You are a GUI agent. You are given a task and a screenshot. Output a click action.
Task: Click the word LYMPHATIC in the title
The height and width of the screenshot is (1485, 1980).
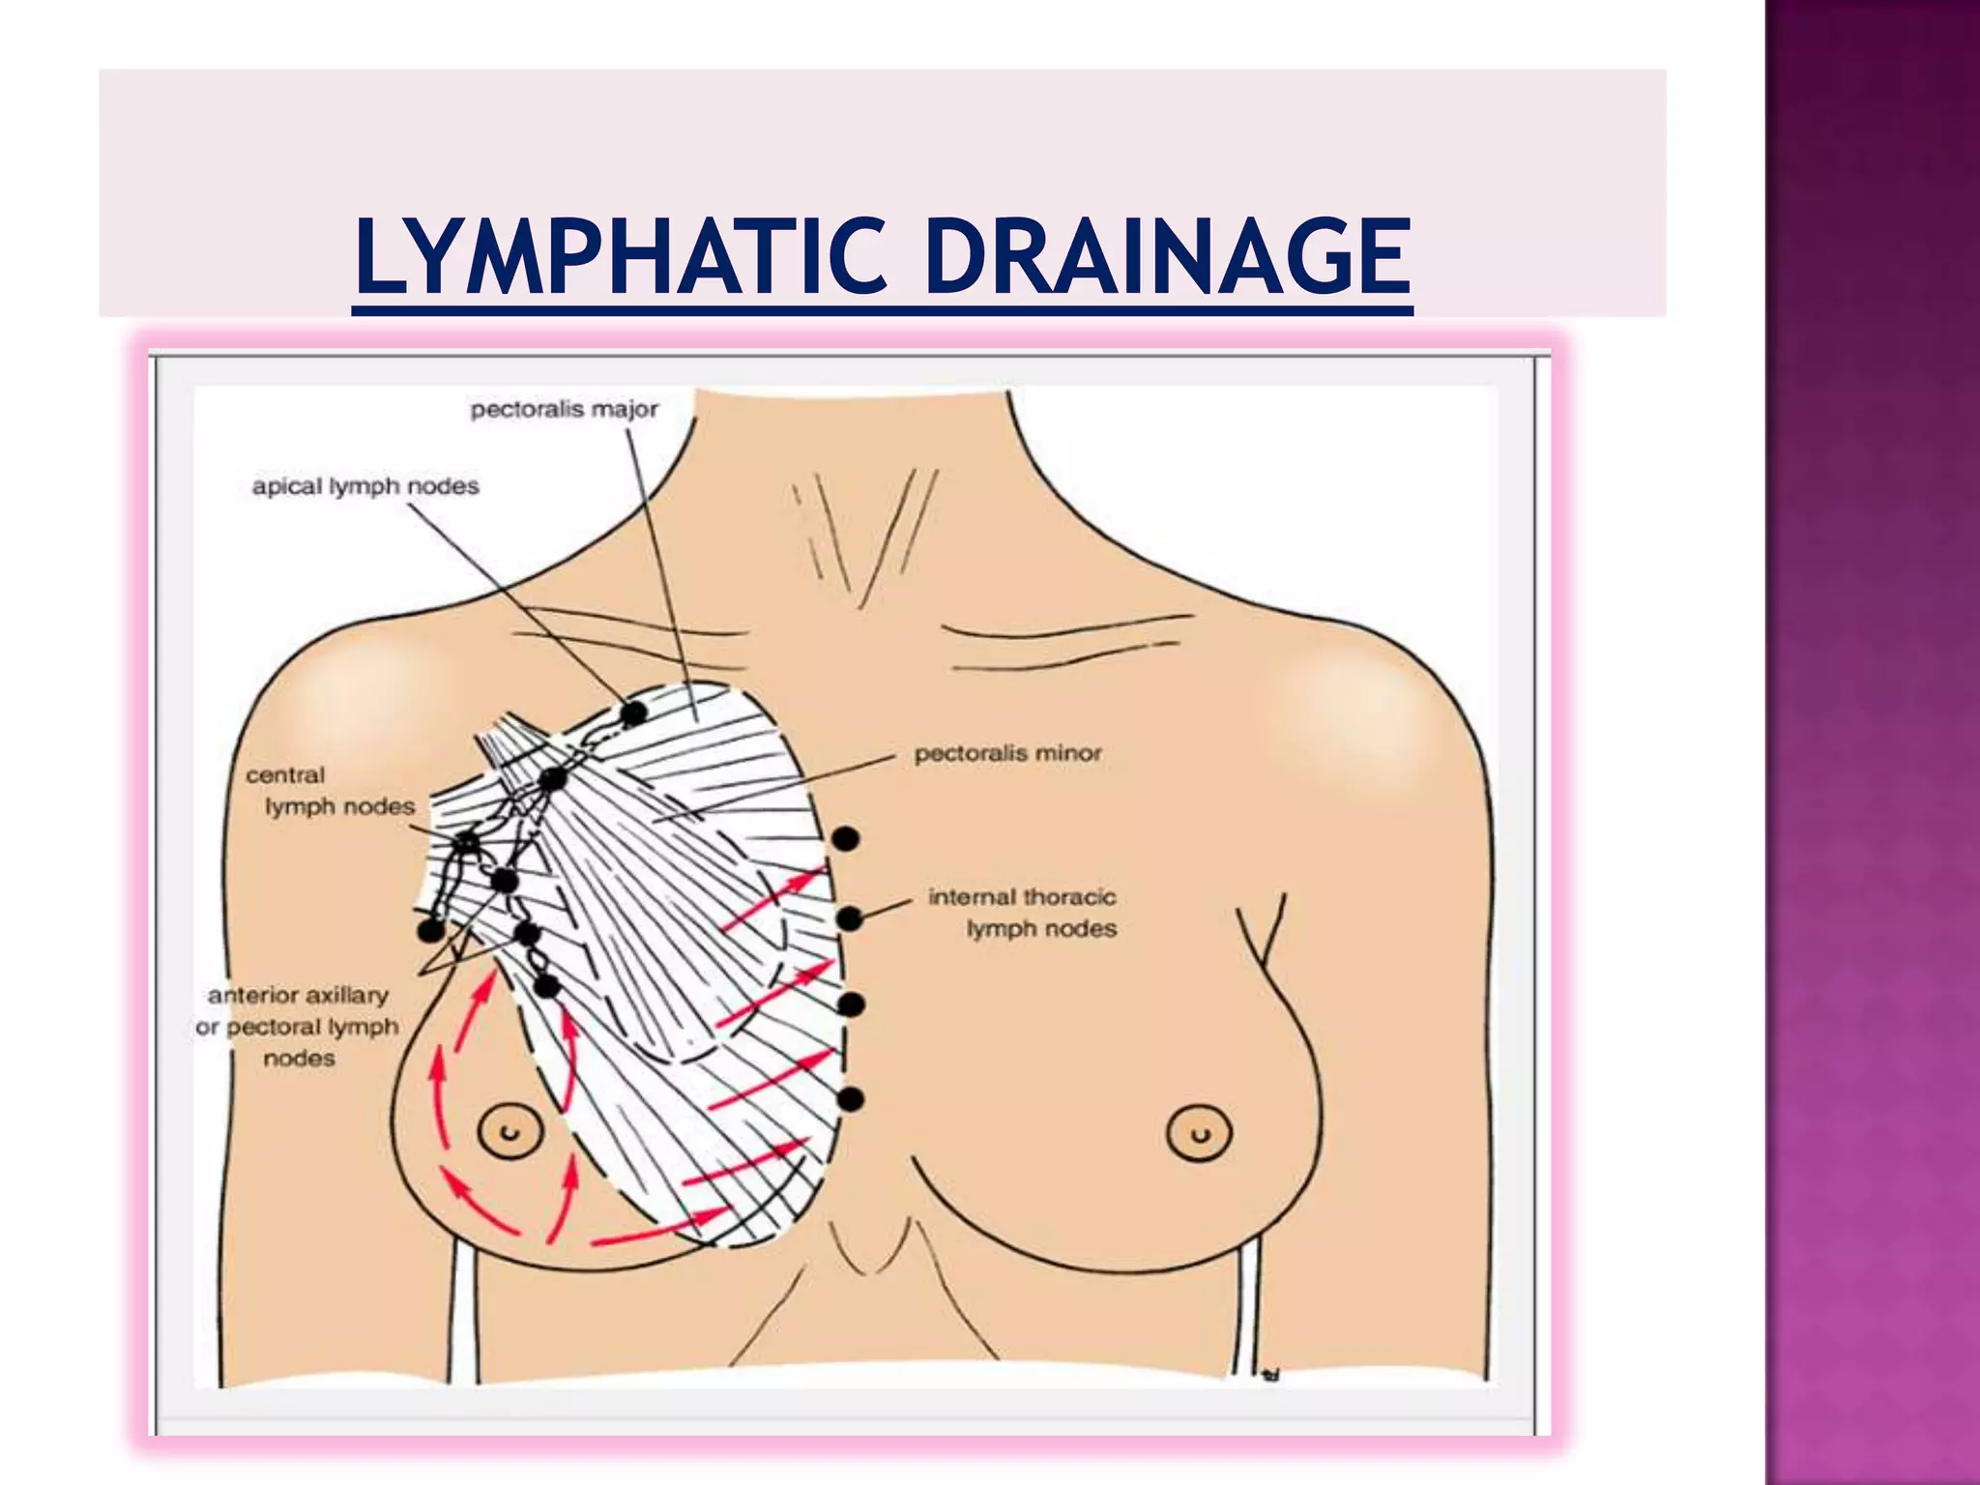(x=620, y=255)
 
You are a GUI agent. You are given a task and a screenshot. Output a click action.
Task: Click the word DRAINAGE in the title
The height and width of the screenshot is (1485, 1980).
(x=1168, y=255)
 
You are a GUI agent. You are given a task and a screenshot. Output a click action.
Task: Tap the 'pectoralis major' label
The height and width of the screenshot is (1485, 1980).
(x=564, y=410)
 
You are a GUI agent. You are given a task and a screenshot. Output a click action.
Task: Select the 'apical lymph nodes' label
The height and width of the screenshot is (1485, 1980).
(x=365, y=486)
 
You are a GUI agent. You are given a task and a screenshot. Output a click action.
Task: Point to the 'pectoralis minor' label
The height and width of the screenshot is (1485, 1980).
(x=1007, y=753)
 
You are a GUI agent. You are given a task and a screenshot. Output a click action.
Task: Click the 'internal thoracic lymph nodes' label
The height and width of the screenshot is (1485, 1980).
(x=1023, y=913)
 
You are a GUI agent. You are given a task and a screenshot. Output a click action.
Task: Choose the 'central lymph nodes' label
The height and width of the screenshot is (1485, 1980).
(x=330, y=791)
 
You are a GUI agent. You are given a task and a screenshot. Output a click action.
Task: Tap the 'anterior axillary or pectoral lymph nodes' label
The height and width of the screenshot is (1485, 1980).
(x=298, y=1026)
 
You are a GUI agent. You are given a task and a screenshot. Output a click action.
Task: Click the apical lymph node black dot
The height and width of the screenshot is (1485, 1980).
(x=633, y=713)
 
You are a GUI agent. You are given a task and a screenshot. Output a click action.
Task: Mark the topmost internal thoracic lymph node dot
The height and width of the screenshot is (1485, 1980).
(x=845, y=839)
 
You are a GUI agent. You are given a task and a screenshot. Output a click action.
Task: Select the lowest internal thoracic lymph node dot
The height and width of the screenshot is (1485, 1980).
(x=850, y=1099)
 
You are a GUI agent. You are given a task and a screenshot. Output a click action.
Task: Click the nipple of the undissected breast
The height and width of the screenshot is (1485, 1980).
(x=1199, y=1132)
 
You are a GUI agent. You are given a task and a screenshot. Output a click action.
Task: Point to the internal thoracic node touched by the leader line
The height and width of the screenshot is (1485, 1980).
(x=849, y=918)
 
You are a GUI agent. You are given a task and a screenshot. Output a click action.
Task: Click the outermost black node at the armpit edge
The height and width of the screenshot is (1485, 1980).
(x=430, y=931)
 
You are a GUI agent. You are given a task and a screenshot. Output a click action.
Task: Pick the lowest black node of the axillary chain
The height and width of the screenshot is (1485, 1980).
(x=546, y=987)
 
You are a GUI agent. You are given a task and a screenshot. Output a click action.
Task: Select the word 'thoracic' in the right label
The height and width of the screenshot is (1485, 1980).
(x=1071, y=897)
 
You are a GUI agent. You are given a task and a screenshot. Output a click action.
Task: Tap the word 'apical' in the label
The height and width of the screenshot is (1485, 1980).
(x=287, y=486)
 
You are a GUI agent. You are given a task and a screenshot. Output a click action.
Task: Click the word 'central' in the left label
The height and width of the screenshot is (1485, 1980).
(x=285, y=775)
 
